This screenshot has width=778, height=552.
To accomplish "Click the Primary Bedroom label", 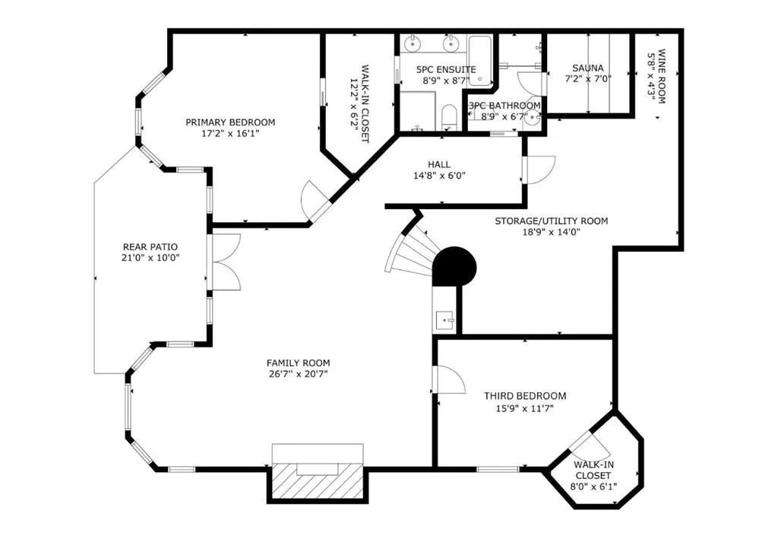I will (230, 122).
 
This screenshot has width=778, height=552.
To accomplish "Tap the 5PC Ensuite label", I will (446, 69).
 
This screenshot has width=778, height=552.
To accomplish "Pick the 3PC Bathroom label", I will (504, 106).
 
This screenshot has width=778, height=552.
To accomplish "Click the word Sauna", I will (589, 68).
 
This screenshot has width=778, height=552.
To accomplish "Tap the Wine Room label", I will (662, 76).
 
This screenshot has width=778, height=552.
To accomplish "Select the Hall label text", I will (438, 164).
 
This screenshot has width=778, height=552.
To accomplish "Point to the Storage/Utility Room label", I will (551, 221).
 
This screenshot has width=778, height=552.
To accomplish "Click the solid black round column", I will (454, 267).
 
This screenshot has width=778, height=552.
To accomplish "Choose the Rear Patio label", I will (150, 246).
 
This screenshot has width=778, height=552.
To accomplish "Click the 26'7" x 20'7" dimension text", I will (298, 375).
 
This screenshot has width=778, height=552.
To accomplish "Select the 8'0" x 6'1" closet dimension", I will (593, 487).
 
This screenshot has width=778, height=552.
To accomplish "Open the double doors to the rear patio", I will (226, 262).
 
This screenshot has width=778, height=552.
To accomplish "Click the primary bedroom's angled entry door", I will (315, 200).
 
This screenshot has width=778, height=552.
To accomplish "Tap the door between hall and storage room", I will (539, 169).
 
